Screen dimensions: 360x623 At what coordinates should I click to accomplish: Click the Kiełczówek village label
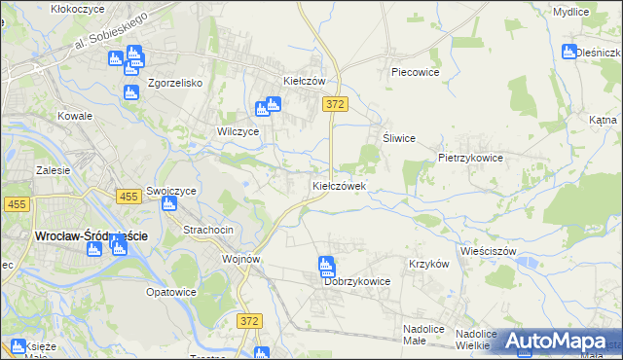pos(339,185)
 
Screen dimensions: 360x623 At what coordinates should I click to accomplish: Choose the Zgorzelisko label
pos(175,84)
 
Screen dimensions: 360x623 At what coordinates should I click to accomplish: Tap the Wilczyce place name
pos(238,130)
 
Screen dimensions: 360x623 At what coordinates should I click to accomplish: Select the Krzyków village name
pos(428,264)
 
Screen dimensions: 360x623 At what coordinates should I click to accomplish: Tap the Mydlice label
pos(570,12)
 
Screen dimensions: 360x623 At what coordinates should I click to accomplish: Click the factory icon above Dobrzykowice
pos(326,266)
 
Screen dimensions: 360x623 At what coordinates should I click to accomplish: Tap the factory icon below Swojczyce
pos(169,202)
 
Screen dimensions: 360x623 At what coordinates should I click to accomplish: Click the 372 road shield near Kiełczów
pos(336,103)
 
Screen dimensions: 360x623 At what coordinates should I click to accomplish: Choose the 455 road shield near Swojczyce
pos(127,197)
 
